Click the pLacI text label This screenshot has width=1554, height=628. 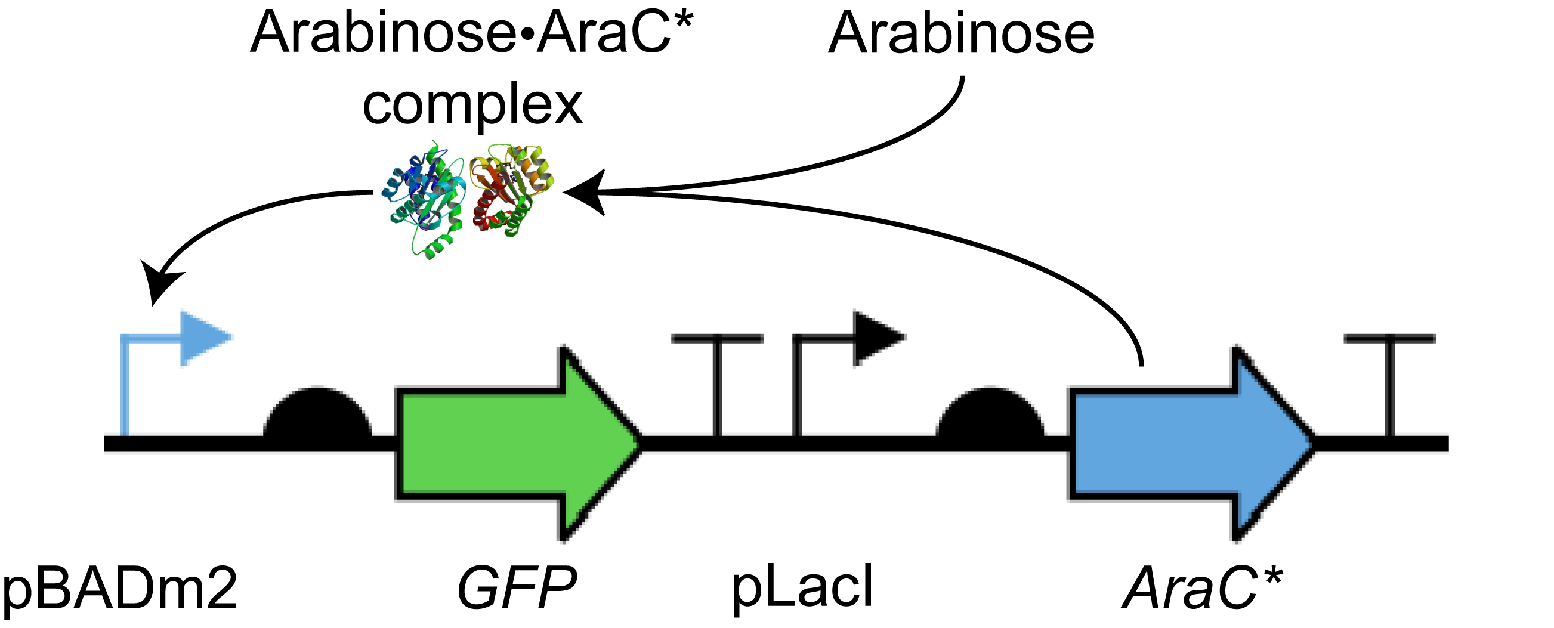click(802, 588)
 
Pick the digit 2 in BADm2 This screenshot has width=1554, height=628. click(220, 588)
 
